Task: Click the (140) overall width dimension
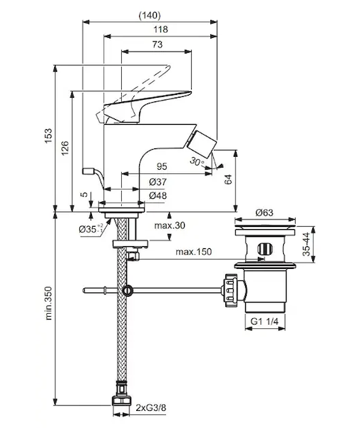click(150, 15)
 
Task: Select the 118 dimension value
click(160, 29)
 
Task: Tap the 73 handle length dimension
click(158, 44)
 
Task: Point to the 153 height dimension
click(48, 136)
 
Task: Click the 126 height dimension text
click(65, 148)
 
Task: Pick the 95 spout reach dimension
click(162, 166)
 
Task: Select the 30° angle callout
click(197, 161)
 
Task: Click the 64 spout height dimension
click(228, 179)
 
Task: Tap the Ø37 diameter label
click(158, 182)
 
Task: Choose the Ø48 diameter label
click(158, 195)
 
